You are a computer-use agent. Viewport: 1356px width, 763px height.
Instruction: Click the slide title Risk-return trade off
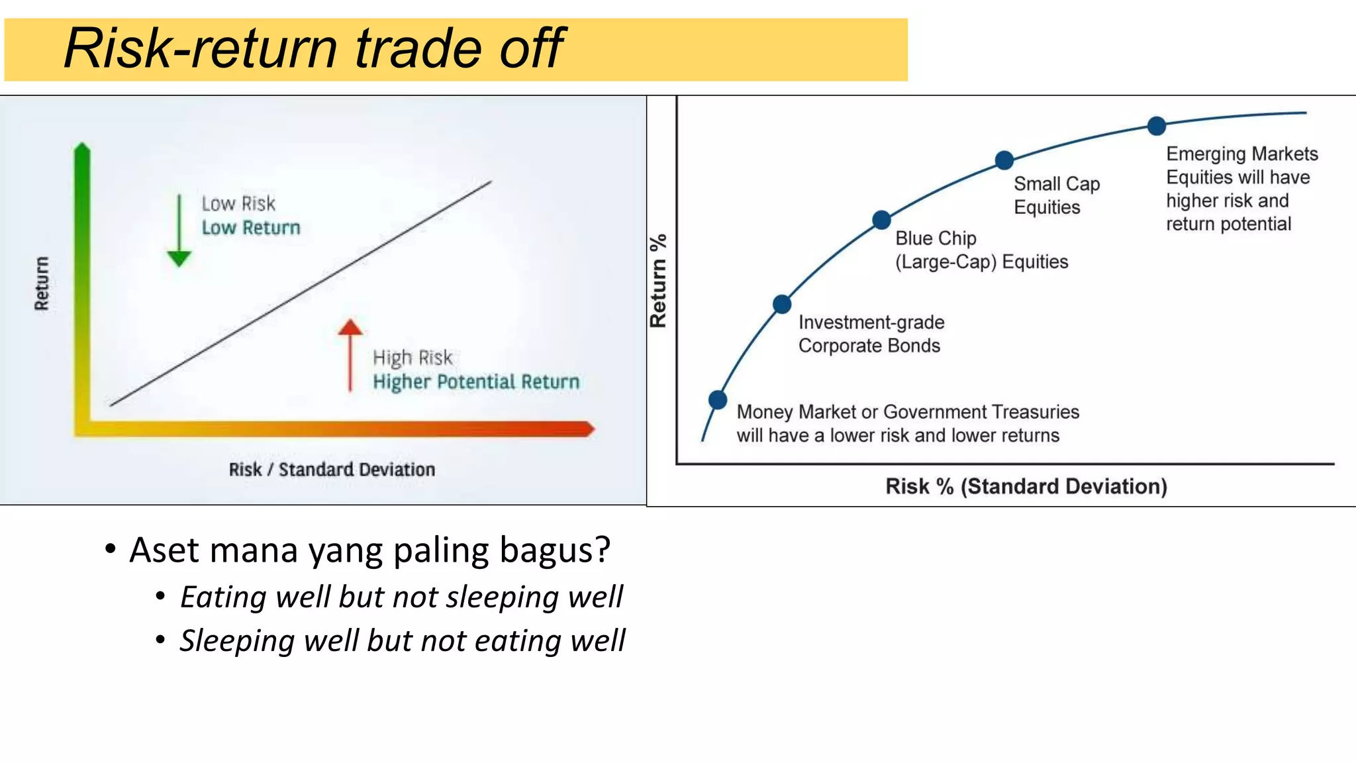[313, 48]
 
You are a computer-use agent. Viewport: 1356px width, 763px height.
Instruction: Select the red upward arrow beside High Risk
[350, 354]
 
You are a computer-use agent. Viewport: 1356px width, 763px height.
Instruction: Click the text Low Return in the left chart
[251, 228]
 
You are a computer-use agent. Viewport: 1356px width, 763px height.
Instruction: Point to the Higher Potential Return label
[475, 381]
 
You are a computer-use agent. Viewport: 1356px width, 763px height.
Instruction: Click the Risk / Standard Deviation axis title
[332, 470]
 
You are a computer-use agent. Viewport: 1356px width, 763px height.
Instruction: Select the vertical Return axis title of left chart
[42, 283]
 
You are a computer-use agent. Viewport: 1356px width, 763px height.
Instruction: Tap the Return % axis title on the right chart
[658, 281]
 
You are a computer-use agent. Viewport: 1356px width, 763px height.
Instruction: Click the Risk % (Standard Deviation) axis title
[1026, 486]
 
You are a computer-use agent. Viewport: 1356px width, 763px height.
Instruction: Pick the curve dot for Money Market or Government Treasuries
[718, 399]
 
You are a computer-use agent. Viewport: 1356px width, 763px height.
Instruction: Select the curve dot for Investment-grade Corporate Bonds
[782, 304]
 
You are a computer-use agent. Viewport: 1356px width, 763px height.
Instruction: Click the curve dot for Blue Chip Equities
[881, 220]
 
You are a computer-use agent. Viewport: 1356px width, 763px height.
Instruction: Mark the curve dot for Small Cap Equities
[1004, 160]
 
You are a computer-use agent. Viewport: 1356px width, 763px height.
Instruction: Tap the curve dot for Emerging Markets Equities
[1156, 125]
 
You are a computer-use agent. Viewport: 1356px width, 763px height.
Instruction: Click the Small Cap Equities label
[1056, 195]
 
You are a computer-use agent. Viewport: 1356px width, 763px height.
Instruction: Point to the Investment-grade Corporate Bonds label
[871, 334]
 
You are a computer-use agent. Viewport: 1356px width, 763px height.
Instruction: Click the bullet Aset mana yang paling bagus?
[369, 550]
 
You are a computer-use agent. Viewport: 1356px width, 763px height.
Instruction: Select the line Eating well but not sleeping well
[401, 597]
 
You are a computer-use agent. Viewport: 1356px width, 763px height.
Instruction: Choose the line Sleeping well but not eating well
[402, 640]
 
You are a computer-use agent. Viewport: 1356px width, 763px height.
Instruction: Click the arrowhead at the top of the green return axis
[82, 149]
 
